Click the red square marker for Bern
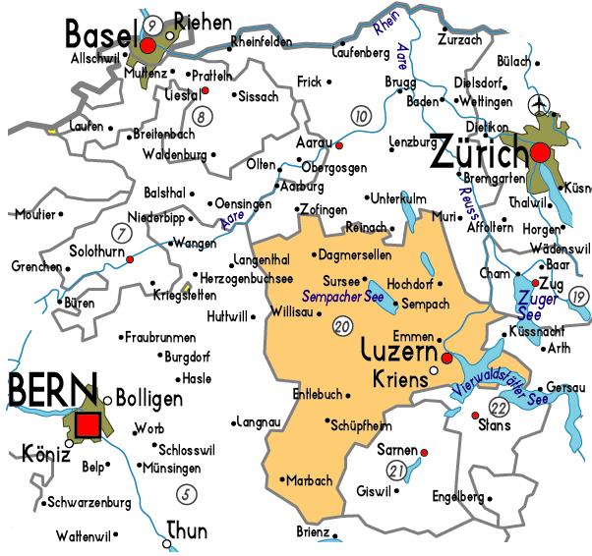(88, 424)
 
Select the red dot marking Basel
(148, 45)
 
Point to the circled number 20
(342, 326)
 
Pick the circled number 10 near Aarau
(362, 117)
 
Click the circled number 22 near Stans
(501, 407)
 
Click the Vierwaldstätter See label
(501, 382)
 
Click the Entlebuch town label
(317, 394)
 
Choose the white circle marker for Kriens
(435, 371)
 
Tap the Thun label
(187, 531)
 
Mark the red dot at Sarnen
(425, 452)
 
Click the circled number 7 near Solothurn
(123, 233)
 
